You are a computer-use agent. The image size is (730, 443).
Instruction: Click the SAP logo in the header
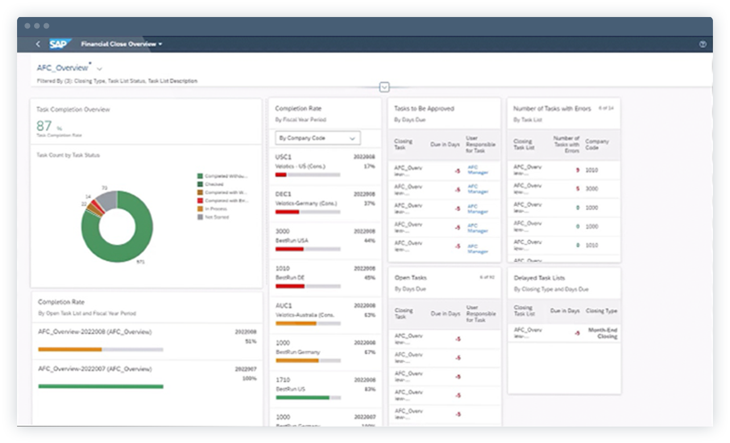tap(60, 44)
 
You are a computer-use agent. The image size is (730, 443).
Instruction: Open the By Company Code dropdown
tap(317, 138)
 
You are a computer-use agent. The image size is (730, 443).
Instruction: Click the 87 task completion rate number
tap(44, 126)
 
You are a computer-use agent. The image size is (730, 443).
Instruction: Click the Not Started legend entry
tap(217, 217)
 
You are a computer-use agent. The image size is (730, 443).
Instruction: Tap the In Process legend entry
tap(216, 208)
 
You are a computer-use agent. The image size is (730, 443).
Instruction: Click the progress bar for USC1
tap(308, 175)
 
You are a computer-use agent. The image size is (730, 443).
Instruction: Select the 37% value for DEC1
tap(369, 203)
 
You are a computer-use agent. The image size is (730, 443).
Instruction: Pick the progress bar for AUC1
tap(308, 323)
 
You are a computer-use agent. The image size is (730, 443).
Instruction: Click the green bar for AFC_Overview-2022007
tap(101, 386)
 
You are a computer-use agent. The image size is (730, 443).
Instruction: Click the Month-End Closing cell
tap(603, 333)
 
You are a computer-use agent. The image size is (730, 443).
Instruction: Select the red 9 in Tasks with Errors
tap(577, 170)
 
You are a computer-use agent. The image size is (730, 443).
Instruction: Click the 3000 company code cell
tap(591, 189)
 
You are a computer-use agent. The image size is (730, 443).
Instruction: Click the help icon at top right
tap(703, 44)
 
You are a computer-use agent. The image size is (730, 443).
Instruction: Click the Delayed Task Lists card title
tap(538, 278)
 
